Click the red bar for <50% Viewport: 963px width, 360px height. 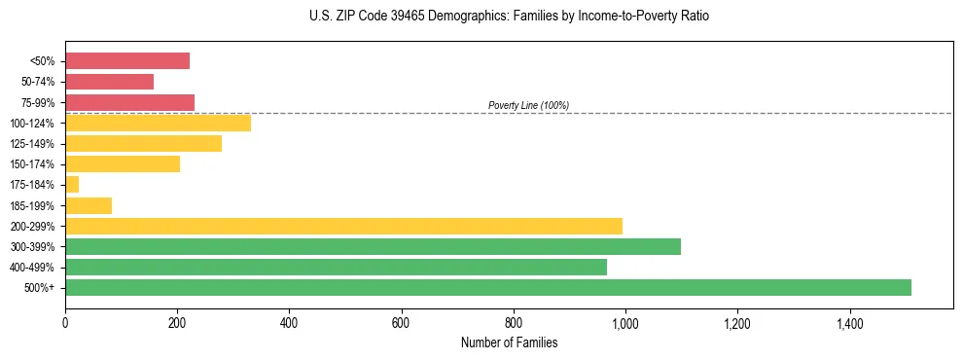tap(127, 61)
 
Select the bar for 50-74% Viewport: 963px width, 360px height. tap(109, 82)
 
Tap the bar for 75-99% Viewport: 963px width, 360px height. tap(129, 102)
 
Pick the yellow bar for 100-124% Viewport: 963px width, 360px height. tap(158, 123)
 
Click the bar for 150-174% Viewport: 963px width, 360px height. tap(123, 163)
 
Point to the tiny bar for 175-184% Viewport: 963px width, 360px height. tap(72, 184)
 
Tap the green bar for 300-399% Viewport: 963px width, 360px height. tap(373, 246)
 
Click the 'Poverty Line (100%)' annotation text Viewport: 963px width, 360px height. tap(528, 105)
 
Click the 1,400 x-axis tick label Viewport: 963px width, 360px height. tap(849, 322)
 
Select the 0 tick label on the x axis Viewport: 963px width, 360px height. tap(65, 322)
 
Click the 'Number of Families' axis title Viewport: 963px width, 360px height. tap(509, 342)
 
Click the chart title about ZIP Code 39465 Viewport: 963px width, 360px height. tap(509, 17)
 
